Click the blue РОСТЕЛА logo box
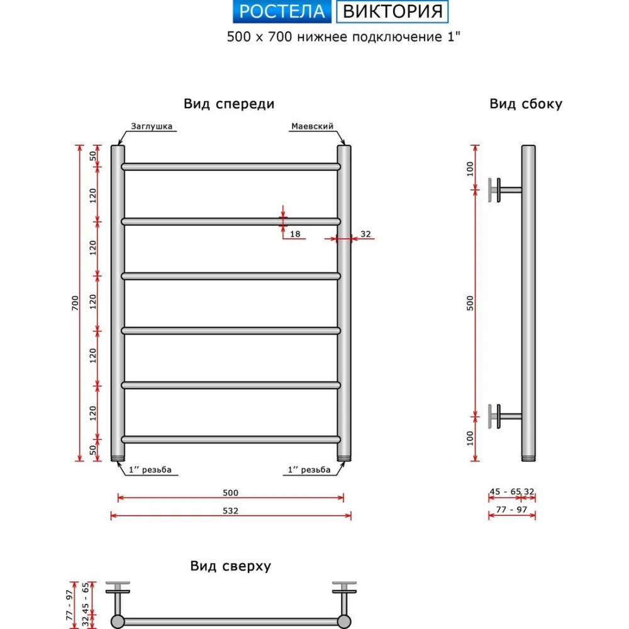282,11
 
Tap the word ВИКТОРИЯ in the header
392,11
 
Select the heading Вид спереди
229,104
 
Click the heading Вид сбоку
526,104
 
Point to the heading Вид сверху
231,566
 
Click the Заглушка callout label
152,126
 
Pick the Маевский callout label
312,126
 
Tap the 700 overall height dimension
75,303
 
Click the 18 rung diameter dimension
295,234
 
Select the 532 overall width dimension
231,511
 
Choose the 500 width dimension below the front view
231,493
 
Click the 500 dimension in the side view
470,303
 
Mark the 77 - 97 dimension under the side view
511,509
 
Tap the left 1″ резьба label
150,470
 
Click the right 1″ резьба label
309,470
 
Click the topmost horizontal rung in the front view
231,167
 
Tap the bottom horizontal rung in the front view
231,440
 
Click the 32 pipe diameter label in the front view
365,234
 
